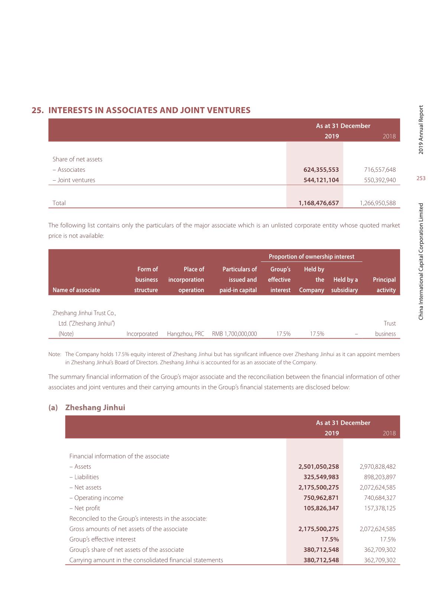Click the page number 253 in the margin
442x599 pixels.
coord(421,178)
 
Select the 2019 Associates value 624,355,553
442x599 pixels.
coord(321,170)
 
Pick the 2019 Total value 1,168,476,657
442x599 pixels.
coord(319,203)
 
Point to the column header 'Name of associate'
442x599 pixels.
coord(76,290)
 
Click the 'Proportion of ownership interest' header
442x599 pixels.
coord(311,257)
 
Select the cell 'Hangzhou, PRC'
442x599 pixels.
coord(185,334)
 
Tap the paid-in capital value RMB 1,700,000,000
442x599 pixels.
coord(234,334)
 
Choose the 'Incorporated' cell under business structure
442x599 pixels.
coord(142,334)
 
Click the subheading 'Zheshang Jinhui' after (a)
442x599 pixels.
coord(95,408)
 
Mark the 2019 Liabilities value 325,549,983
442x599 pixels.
coord(321,477)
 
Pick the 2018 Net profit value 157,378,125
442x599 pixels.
coord(380,508)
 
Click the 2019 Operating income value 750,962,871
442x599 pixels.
coord(321,498)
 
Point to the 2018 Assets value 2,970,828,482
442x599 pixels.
coord(377,467)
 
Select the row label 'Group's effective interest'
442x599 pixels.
coord(103,539)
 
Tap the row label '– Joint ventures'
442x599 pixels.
coord(74,180)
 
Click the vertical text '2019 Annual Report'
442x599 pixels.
coord(421,130)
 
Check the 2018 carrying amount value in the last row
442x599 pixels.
coord(380,560)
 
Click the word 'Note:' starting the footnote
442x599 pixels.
coord(55,354)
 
